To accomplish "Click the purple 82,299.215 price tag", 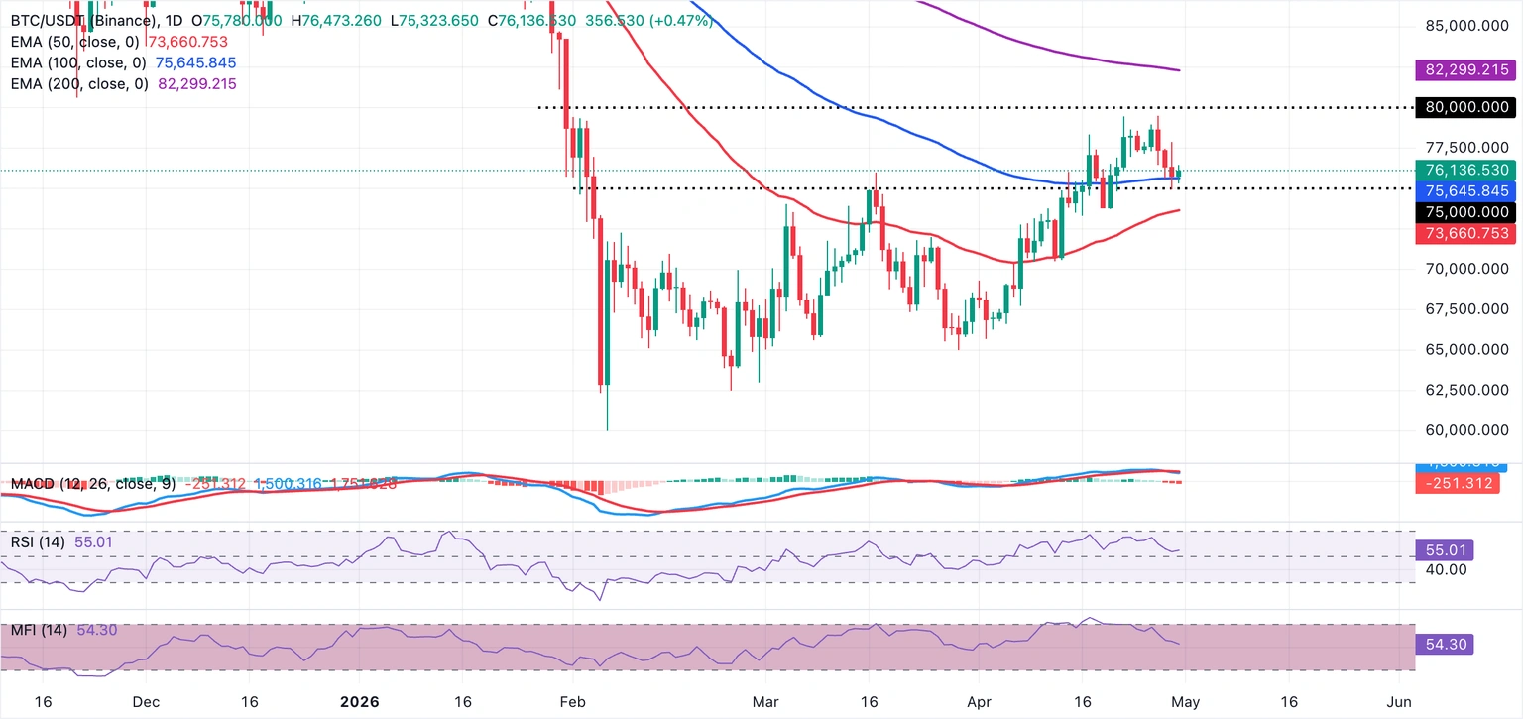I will [x=1464, y=70].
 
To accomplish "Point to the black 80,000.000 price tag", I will [x=1464, y=107].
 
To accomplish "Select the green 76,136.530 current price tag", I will [x=1464, y=171].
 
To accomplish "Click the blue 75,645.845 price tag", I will [x=1464, y=190].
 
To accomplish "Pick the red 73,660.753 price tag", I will [x=1464, y=233].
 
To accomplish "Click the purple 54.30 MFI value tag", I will [x=1445, y=645].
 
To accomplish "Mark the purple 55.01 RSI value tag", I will [x=1445, y=549].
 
